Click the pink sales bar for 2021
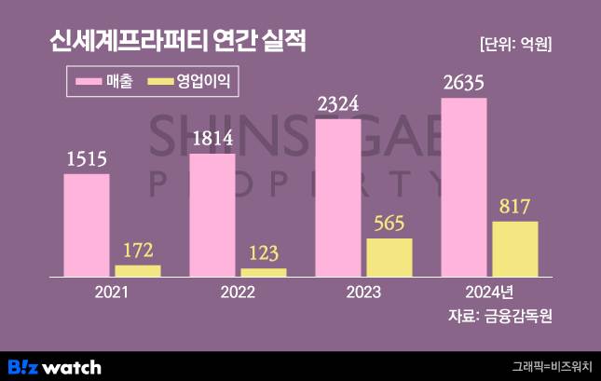point(87,225)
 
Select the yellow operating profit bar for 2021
point(138,271)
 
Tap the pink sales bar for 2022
point(212,215)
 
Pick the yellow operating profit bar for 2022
point(264,273)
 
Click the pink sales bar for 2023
point(338,197)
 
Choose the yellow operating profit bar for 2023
point(389,258)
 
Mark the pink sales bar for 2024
point(464,186)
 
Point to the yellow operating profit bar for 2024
point(515,249)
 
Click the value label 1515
point(86,159)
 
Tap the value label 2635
point(464,84)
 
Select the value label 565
point(389,224)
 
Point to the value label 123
point(264,252)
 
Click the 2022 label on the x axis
point(238,293)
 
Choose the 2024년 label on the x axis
point(489,293)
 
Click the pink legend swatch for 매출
point(94,83)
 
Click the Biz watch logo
point(54,366)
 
